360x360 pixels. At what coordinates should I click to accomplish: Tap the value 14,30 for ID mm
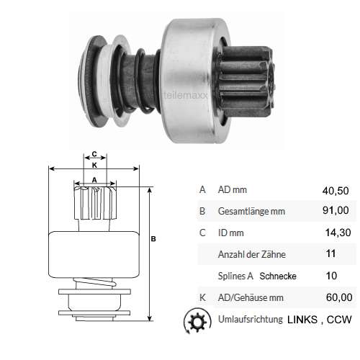coord(337,233)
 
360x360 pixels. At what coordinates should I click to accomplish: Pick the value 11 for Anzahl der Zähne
coord(331,254)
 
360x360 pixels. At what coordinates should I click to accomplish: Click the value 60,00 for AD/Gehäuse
coord(337,297)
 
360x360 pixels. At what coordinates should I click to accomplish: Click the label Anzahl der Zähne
coord(251,254)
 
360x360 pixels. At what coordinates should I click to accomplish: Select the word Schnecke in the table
coord(278,276)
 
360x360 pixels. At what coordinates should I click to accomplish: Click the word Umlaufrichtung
coord(248,318)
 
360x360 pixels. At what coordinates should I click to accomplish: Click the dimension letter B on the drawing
coord(153,240)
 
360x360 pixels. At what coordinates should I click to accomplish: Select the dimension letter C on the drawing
coord(94,154)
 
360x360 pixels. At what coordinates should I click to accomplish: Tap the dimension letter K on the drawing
coord(94,165)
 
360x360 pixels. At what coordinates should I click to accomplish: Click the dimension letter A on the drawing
coord(94,179)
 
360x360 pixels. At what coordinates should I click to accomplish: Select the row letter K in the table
coord(202,297)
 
